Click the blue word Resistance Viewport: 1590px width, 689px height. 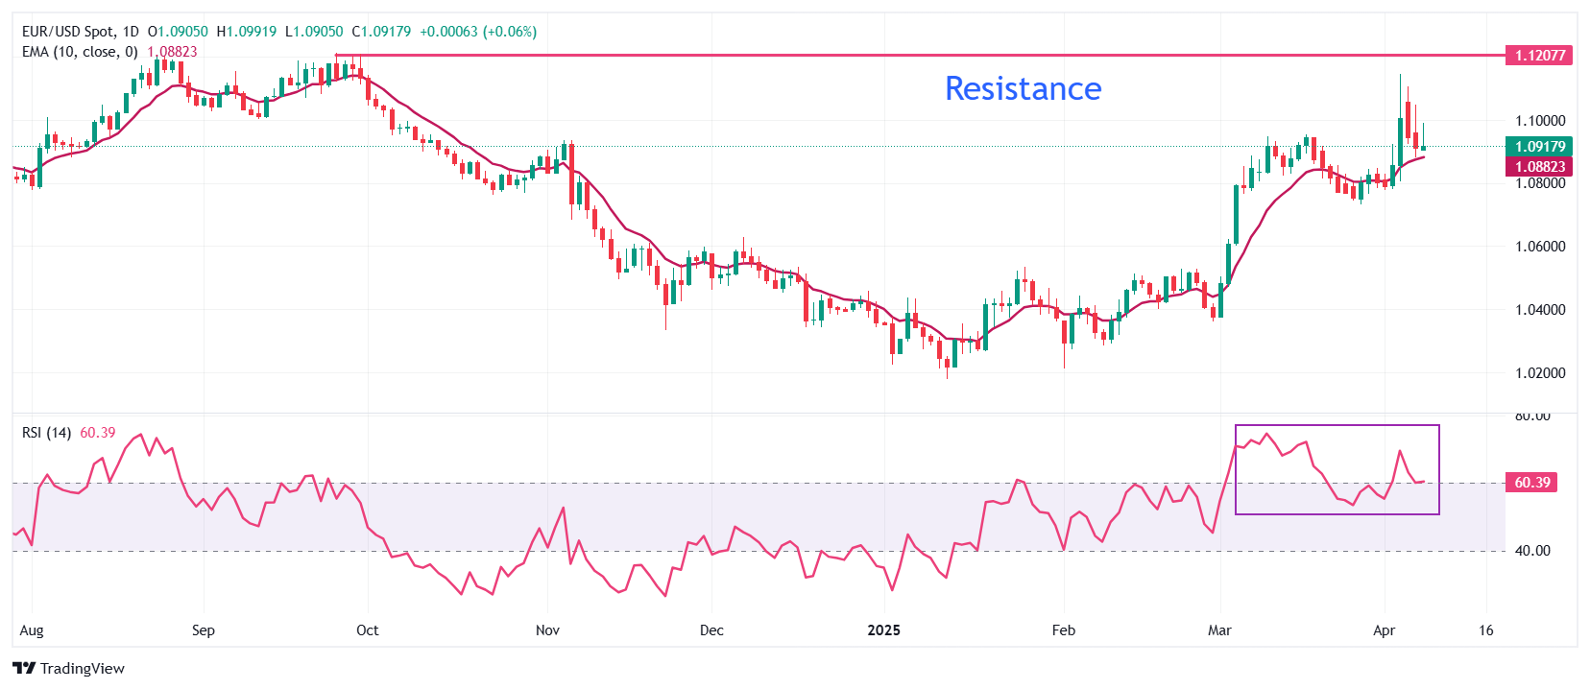click(1023, 88)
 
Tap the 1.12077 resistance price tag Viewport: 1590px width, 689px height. click(1539, 56)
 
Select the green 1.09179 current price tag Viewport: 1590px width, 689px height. click(1539, 147)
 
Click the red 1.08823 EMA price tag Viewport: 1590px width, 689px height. click(1539, 167)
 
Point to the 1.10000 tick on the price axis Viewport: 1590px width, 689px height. click(1539, 121)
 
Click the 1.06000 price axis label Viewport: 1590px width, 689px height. click(1539, 247)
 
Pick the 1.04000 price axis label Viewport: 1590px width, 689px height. click(1539, 310)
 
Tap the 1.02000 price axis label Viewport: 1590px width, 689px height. click(1539, 373)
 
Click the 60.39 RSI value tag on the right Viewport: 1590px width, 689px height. click(1531, 483)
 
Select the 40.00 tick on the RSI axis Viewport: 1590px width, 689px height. click(1531, 551)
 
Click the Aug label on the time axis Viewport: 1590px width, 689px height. click(32, 630)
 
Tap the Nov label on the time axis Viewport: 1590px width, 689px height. click(547, 630)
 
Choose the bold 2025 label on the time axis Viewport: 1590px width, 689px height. click(883, 630)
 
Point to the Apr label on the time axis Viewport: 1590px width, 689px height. click(1384, 630)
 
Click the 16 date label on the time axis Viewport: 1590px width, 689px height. click(1486, 630)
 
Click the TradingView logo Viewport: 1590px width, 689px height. click(69, 668)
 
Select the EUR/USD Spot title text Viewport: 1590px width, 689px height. click(67, 32)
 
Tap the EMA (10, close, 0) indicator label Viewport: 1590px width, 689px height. click(80, 52)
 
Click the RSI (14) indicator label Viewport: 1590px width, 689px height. click(46, 433)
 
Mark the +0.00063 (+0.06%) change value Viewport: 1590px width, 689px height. click(478, 32)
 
